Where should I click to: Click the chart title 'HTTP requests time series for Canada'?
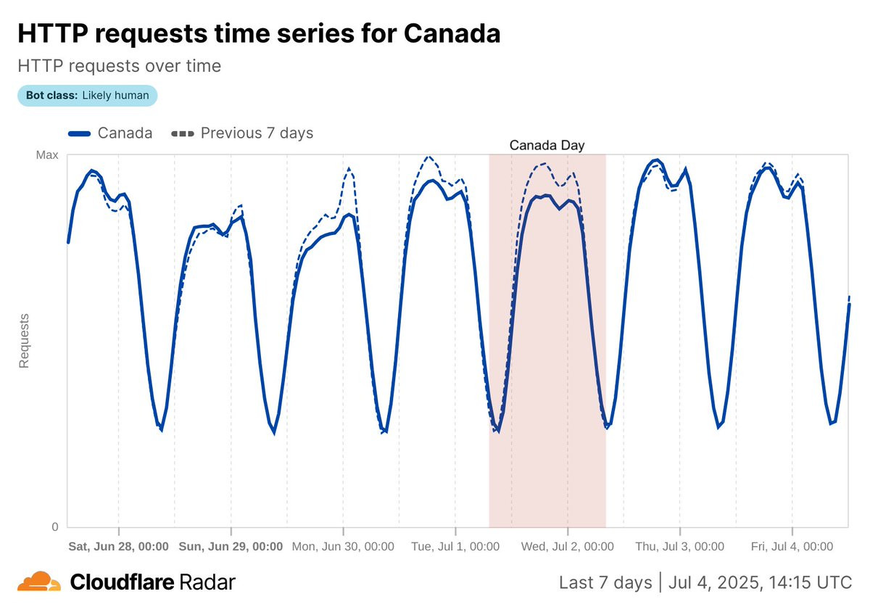(258, 33)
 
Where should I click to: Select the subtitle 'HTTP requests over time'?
(119, 66)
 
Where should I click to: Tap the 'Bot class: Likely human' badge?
(87, 96)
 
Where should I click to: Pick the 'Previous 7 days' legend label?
(257, 133)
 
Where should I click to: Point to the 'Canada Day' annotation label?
(547, 145)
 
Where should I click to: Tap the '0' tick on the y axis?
(53, 527)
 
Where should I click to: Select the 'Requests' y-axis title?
(24, 341)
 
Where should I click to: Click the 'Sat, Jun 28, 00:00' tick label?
(119, 547)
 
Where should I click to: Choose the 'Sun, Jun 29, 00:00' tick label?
(231, 547)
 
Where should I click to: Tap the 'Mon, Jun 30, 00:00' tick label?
(343, 547)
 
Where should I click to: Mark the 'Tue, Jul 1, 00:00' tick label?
(455, 547)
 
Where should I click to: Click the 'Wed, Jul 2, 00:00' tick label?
(568, 547)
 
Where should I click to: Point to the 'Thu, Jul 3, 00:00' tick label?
(680, 547)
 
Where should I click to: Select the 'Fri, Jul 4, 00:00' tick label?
(792, 547)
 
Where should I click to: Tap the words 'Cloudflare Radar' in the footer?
(152, 582)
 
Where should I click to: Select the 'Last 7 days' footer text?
(605, 582)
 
